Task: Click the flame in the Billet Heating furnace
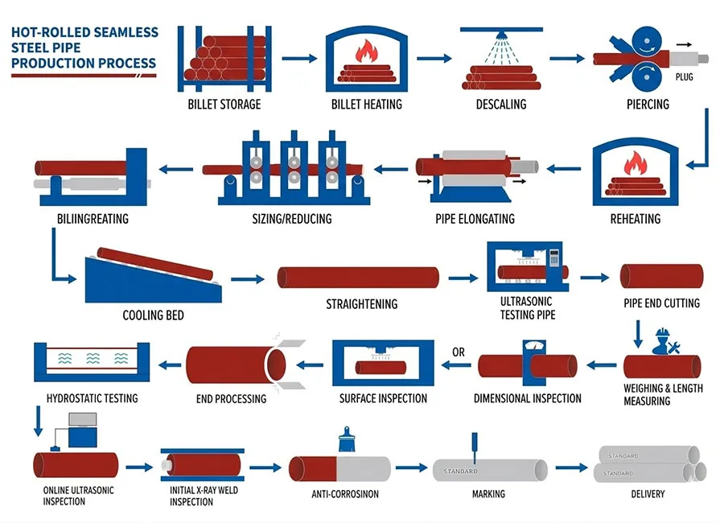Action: point(366,53)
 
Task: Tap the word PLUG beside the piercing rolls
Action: point(685,77)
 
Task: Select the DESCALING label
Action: point(500,104)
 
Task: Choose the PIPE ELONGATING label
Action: point(475,219)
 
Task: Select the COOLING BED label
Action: point(153,315)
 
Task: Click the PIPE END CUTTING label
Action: point(661,303)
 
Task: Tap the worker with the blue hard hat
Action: point(664,341)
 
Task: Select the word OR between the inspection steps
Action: point(459,352)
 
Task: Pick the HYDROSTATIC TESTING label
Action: point(92,398)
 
